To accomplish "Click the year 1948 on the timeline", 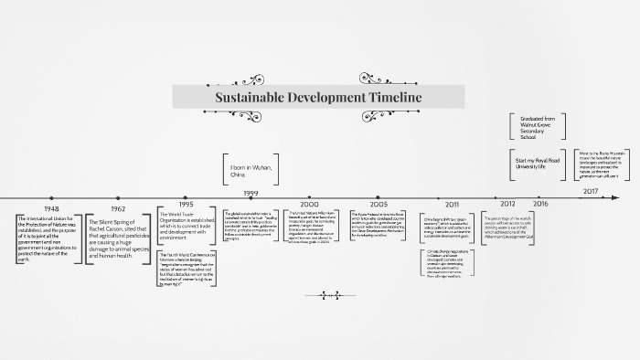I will (50, 208).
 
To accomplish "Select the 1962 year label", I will (119, 208).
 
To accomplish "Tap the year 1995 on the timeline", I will (187, 206).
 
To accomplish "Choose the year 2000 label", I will (310, 206).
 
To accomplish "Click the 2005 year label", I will (379, 204).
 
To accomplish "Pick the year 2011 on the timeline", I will (453, 205).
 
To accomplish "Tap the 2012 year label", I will (508, 204).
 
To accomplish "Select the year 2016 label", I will (541, 203).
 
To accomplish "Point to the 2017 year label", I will (591, 192).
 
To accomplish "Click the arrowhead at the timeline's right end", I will (618, 196).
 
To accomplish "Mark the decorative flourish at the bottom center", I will (326, 294).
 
